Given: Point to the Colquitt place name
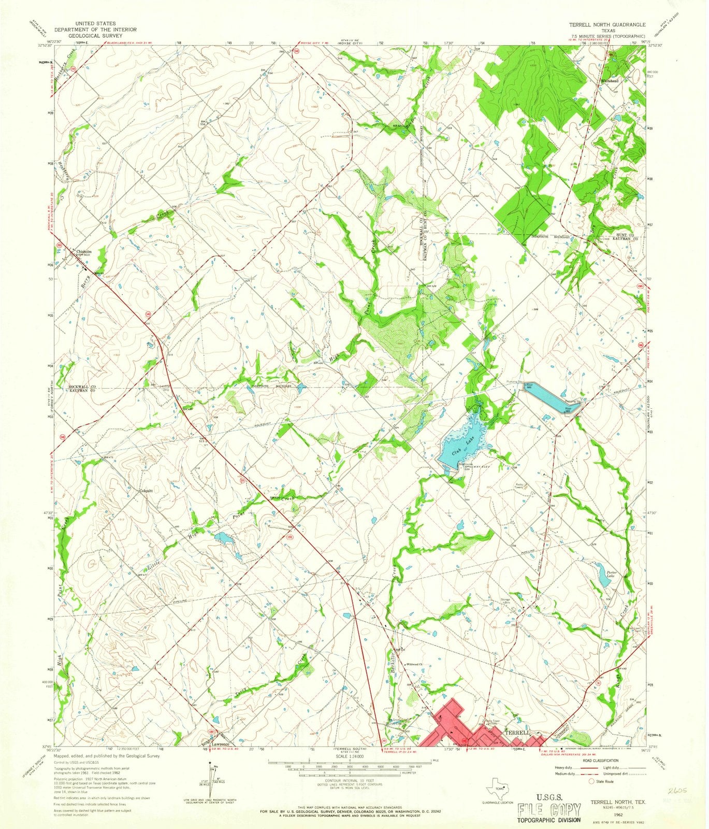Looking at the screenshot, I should [x=147, y=490].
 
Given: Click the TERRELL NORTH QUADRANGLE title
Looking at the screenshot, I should [x=606, y=24].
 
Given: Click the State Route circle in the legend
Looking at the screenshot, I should [x=584, y=781].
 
